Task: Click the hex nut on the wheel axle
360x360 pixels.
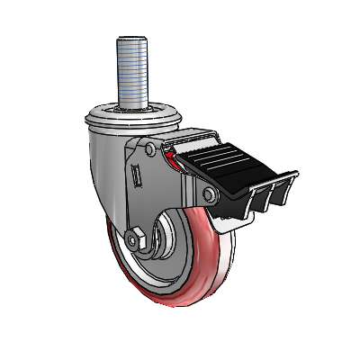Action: (136, 241)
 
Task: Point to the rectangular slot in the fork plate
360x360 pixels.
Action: (137, 174)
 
